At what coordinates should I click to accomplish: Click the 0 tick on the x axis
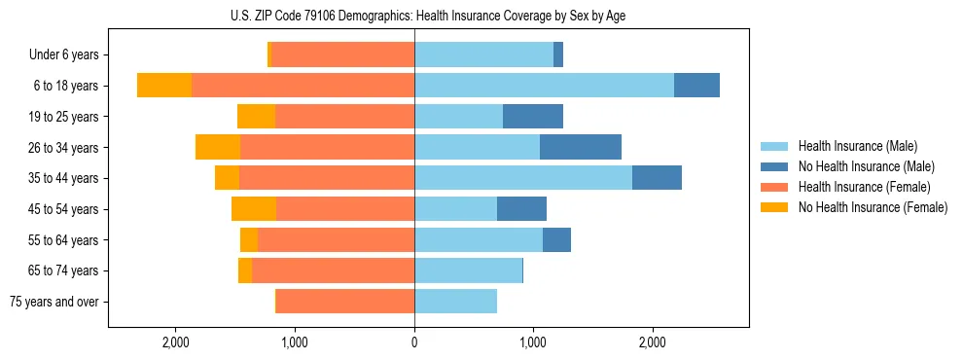[414, 342]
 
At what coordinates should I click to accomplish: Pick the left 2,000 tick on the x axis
[176, 342]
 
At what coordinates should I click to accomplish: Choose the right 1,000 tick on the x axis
[533, 342]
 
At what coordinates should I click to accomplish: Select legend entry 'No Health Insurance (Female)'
[873, 207]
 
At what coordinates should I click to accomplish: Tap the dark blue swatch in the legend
[775, 166]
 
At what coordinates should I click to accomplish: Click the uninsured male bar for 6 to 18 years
[696, 86]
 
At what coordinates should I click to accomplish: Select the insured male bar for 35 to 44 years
[523, 178]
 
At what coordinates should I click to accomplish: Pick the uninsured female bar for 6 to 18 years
[164, 86]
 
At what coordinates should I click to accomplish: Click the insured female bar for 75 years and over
[345, 302]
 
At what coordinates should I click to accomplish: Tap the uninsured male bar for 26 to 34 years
[581, 147]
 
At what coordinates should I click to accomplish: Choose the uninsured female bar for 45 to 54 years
[254, 209]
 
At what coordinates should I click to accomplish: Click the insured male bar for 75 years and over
[455, 302]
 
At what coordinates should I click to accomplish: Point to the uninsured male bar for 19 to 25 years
[533, 117]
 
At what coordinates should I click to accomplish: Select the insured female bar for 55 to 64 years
[336, 240]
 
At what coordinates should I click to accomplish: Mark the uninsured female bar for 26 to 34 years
[218, 147]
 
